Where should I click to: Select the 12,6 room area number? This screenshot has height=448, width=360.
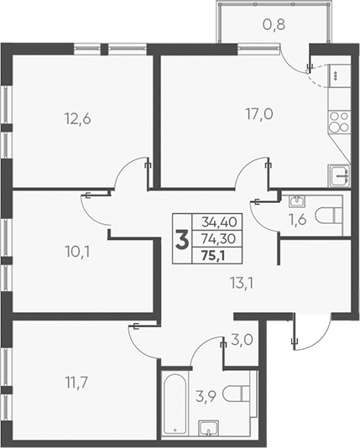pos(77,118)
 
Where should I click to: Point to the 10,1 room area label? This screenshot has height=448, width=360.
pos(77,248)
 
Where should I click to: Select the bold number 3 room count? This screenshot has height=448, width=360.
pos(181,239)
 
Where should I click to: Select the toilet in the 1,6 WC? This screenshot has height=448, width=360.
pos(330,215)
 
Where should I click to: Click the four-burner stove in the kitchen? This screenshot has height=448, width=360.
pos(339,123)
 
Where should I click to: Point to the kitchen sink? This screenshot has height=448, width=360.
pos(339,175)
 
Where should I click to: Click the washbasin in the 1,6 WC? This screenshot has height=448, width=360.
pos(295,202)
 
